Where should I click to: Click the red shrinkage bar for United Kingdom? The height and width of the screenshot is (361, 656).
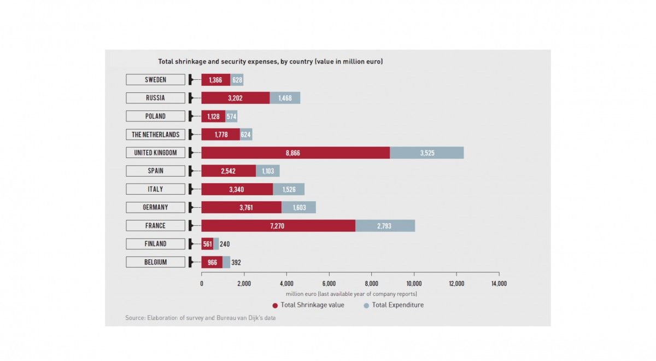point(295,153)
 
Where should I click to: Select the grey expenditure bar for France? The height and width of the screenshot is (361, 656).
point(385,225)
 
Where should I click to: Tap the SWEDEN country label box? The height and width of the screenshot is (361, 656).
point(155,80)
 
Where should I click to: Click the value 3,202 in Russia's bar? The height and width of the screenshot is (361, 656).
point(235,98)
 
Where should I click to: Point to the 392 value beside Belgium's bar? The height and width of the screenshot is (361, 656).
point(236,263)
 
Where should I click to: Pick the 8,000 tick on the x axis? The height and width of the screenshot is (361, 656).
point(371,283)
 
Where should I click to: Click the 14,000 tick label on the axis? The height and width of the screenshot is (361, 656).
point(499,283)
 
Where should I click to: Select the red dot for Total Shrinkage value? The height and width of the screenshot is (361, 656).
point(274,305)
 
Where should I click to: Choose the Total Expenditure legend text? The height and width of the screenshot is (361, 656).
point(397,305)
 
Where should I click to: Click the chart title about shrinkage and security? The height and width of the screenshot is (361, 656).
point(270,62)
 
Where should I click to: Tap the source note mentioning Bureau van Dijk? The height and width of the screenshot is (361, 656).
point(200,318)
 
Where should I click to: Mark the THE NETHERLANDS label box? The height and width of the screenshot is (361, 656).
point(155,135)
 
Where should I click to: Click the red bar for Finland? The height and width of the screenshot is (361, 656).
point(207,244)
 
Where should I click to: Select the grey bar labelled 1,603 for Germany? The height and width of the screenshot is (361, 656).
point(299,207)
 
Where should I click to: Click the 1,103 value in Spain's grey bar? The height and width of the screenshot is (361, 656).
point(267,171)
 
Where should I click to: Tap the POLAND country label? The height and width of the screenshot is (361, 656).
point(155,117)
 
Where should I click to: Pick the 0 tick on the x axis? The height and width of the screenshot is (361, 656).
point(202,283)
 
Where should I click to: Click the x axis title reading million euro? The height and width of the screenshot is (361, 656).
point(351,294)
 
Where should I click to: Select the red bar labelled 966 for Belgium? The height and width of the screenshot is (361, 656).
point(212,263)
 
